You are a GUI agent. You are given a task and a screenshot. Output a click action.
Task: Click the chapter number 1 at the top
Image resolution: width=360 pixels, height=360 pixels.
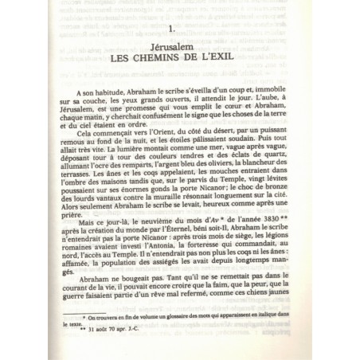(x=173, y=29)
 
